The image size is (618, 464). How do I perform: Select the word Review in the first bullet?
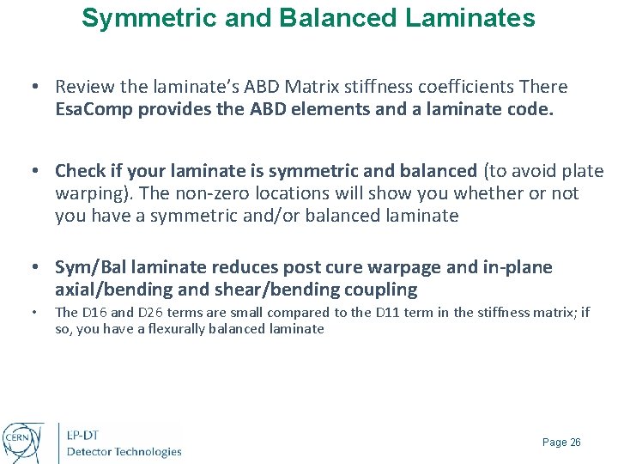coord(82,87)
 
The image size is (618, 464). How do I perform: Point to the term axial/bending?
coord(110,290)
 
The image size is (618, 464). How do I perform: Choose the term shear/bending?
coord(294,290)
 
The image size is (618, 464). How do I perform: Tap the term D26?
coord(144,313)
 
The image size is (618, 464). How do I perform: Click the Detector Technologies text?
coord(124,452)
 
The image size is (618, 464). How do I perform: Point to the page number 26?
coord(575,443)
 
